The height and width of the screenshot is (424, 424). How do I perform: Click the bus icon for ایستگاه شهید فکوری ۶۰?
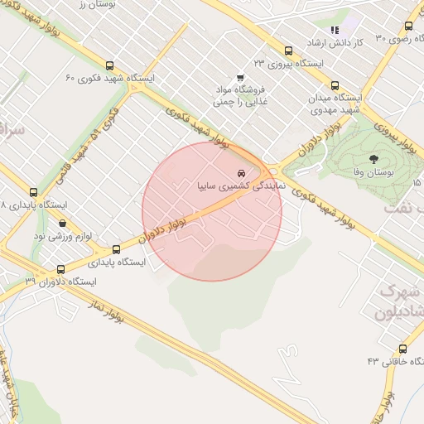coord(109,66)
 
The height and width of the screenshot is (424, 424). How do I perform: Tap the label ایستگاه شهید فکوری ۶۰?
coord(111,79)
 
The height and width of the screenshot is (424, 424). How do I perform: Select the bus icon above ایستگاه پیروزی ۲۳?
coord(288,51)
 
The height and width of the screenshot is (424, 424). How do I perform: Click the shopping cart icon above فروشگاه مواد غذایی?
coord(240,77)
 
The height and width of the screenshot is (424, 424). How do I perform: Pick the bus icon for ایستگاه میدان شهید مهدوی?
coord(335,85)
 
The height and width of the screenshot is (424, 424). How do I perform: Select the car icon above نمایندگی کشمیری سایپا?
coord(241,174)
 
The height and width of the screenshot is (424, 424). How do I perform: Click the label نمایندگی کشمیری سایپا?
coord(241,186)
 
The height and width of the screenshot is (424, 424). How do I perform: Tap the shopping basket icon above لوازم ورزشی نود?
coord(62,224)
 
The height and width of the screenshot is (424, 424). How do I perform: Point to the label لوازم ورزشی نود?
coord(62,236)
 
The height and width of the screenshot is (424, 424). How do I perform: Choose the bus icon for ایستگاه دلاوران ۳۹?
coord(60,269)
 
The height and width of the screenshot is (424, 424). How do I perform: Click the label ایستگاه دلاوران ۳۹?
coord(60,282)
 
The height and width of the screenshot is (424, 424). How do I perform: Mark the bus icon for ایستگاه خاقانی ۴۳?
coord(403,349)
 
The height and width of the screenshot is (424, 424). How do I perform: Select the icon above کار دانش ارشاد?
coord(335,31)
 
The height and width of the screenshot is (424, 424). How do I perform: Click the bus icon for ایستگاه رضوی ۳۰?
coord(407,25)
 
